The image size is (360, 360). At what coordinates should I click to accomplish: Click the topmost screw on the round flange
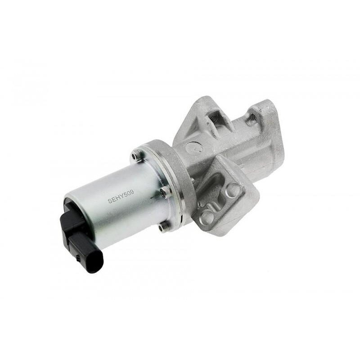pyautogui.click(x=135, y=156)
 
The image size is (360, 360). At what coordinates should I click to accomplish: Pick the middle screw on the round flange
pyautogui.click(x=162, y=194)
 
